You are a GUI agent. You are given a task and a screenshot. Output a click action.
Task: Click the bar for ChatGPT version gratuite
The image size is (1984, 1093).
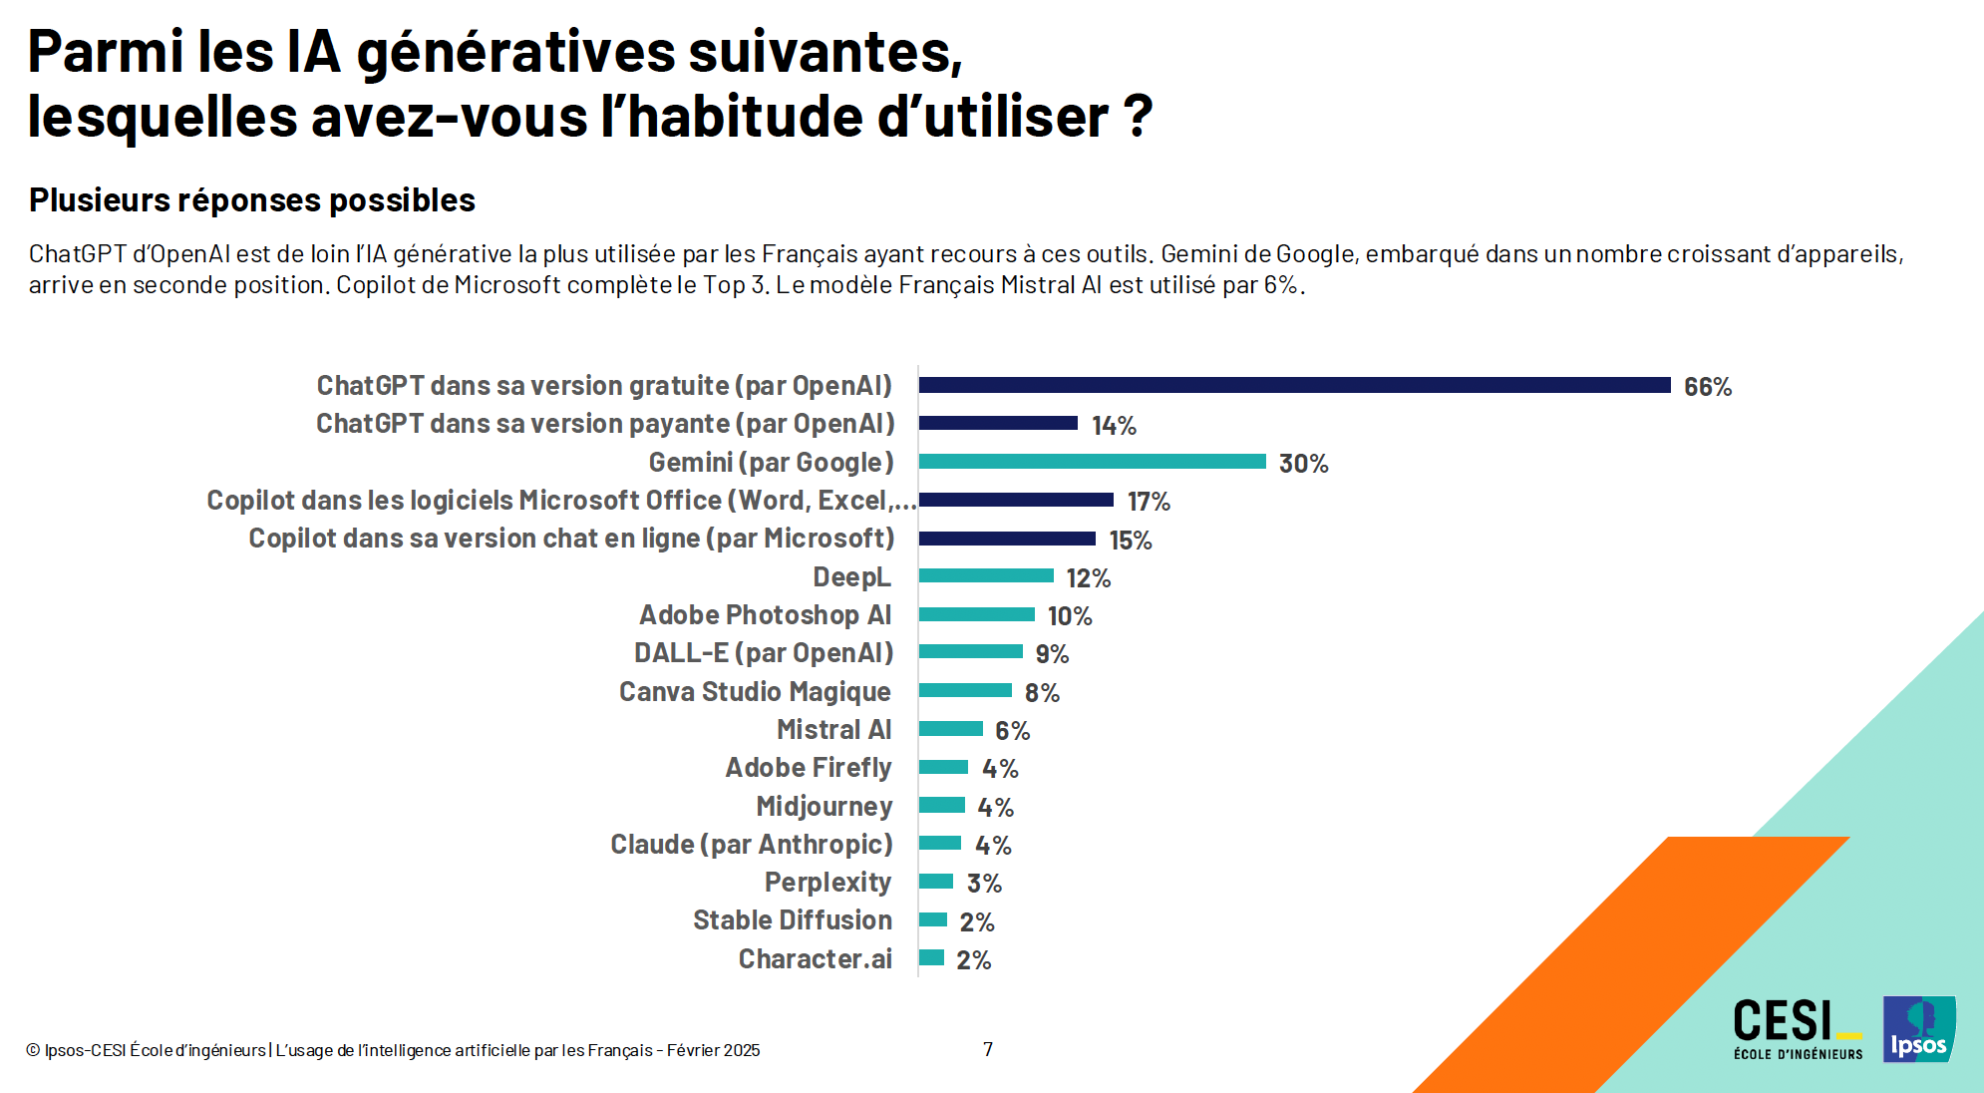(x=1294, y=385)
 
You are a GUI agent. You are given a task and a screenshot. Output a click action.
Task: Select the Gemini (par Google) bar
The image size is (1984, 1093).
(x=1092, y=462)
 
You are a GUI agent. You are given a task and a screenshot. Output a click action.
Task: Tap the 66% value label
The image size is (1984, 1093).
(x=1707, y=387)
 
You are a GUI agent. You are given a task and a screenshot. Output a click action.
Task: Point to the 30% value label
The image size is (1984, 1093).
(x=1303, y=464)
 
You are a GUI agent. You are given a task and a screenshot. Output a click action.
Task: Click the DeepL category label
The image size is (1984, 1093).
(x=851, y=577)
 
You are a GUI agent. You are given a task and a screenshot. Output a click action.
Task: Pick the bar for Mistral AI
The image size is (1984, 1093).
(x=950, y=729)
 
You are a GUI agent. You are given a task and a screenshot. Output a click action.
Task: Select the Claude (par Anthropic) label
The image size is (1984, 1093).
(x=751, y=845)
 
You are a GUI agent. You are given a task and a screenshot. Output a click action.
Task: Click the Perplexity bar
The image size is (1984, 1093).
(x=936, y=882)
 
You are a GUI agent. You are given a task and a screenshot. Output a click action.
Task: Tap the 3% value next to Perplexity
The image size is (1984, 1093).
(x=984, y=884)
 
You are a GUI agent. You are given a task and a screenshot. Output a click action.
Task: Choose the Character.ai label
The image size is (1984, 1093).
(x=815, y=959)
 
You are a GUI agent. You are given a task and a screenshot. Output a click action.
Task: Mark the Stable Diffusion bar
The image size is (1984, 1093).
(x=933, y=919)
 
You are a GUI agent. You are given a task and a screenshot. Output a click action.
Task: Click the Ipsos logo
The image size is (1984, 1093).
(x=1919, y=1029)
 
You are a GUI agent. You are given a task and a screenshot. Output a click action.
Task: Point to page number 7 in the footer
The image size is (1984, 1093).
(x=988, y=1049)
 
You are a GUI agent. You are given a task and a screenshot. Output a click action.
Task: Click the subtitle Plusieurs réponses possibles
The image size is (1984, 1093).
(x=251, y=200)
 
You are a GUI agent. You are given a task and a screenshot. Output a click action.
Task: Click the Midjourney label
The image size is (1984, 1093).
(x=824, y=806)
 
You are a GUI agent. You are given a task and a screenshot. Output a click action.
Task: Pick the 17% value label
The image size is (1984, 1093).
(x=1149, y=502)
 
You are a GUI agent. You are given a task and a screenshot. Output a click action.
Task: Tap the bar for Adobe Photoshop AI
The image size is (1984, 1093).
(x=977, y=614)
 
